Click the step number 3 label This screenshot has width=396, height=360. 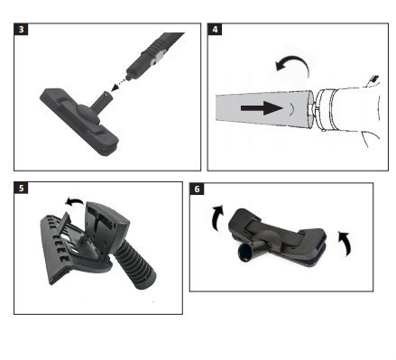point(21,30)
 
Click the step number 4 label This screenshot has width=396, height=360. point(215,30)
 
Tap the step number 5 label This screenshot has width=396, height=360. point(21,189)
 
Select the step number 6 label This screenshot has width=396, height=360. point(197,189)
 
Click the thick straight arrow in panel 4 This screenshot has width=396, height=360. point(262,107)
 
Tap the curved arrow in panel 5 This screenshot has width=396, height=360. point(74,201)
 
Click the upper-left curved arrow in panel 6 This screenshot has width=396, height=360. point(216,217)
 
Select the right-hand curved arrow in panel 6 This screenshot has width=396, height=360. point(345,243)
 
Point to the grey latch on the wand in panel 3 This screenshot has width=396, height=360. point(159,57)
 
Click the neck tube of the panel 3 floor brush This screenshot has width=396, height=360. point(102,101)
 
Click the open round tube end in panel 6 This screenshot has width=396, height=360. point(245,254)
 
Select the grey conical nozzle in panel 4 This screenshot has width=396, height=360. point(264,108)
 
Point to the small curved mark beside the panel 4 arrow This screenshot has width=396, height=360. point(291,108)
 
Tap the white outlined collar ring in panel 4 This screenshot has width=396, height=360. point(323,109)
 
